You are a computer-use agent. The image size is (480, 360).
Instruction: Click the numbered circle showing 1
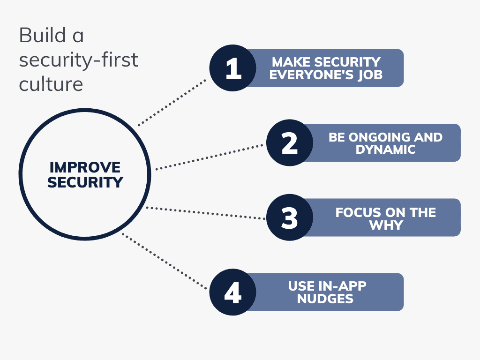click(232, 68)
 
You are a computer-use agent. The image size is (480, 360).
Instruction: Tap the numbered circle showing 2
click(289, 142)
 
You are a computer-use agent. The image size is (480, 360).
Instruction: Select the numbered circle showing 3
click(289, 217)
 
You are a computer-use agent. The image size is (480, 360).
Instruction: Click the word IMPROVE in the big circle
click(85, 167)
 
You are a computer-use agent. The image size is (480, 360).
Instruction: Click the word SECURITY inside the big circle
click(85, 182)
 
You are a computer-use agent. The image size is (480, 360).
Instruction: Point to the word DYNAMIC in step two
click(386, 150)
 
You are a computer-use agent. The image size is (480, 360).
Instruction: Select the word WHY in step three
click(386, 225)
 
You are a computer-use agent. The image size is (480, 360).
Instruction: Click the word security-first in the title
click(78, 60)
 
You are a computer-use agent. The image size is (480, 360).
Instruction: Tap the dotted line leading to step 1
click(172, 102)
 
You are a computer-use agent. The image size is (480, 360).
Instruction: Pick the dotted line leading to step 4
click(164, 261)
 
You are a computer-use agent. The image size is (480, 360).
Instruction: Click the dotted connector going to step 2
click(209, 157)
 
